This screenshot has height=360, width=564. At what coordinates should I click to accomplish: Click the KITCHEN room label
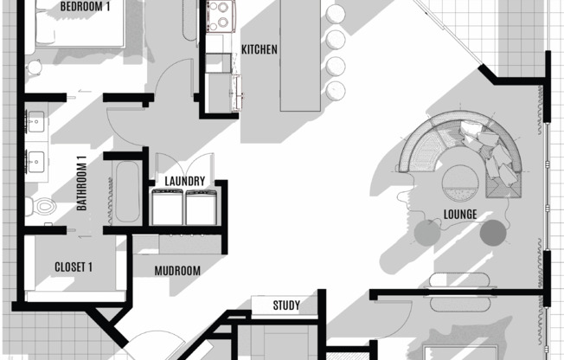coord(259,49)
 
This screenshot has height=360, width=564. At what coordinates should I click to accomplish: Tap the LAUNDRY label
coord(185,181)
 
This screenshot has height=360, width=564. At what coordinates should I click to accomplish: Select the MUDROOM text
coord(177,271)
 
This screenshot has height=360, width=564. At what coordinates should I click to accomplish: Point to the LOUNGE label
coord(460,215)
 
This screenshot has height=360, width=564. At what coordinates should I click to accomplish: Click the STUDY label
coord(286,305)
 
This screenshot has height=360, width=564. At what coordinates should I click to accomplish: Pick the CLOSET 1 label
coord(74,267)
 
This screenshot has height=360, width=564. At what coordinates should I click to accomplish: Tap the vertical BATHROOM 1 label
coord(82,183)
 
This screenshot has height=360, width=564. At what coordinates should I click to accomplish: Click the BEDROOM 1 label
coord(85,6)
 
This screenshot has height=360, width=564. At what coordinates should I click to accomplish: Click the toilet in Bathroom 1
coord(41,207)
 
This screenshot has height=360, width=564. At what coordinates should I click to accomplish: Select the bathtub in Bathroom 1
coord(127,192)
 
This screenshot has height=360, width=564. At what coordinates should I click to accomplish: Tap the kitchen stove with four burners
coord(221,16)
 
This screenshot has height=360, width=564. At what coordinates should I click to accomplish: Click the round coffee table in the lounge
coord(460,183)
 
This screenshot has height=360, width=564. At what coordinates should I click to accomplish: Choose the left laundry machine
coord(167,207)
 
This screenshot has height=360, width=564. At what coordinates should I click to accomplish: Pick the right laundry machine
coord(201,207)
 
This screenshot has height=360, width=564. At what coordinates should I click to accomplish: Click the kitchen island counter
coord(300,55)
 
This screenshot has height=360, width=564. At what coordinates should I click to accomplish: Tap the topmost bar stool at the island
coord(336,14)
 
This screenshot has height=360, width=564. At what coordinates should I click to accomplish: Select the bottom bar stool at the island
coord(336,91)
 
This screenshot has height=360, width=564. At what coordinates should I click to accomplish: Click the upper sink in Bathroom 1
coord(36,122)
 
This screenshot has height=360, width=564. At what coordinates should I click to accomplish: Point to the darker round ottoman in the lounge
coord(493,233)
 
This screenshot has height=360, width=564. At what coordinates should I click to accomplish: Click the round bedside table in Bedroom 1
coord(35,67)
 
